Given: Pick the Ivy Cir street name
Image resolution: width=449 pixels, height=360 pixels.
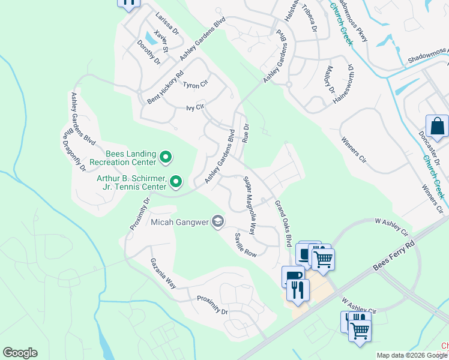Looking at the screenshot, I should coord(196,108).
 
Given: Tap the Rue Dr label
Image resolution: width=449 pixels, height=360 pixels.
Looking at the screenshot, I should coord(246,133).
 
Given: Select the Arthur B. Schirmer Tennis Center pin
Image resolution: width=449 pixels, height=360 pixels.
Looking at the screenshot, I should coord(176,181).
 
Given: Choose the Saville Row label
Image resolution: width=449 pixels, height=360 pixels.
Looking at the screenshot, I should coord(246,245).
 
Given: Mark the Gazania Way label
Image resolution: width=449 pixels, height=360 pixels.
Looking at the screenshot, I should coord(163,271).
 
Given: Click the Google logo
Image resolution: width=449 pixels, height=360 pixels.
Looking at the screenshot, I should coord(20,353).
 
